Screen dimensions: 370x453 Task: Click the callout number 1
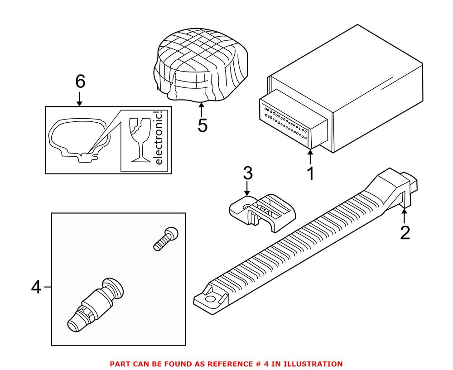click(310, 174)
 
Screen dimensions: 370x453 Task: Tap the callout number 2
click(405, 232)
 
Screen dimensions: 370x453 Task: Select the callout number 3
click(247, 173)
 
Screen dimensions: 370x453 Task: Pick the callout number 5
click(202, 125)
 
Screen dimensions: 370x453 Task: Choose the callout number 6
click(80, 82)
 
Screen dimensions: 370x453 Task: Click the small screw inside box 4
click(166, 239)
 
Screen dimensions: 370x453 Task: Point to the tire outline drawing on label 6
click(78, 138)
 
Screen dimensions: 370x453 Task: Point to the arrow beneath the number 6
click(80, 98)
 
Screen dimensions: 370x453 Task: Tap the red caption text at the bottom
click(226, 364)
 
